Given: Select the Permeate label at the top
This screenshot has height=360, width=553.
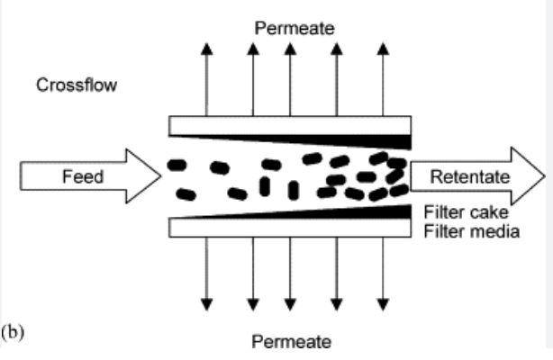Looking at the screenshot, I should [x=295, y=29].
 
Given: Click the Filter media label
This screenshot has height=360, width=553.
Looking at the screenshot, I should [x=471, y=231].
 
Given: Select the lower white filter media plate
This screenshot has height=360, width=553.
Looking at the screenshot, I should [x=288, y=229].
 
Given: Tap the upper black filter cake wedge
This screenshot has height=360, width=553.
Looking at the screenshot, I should [x=378, y=139].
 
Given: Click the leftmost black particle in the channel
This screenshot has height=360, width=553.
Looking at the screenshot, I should [x=177, y=166].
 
